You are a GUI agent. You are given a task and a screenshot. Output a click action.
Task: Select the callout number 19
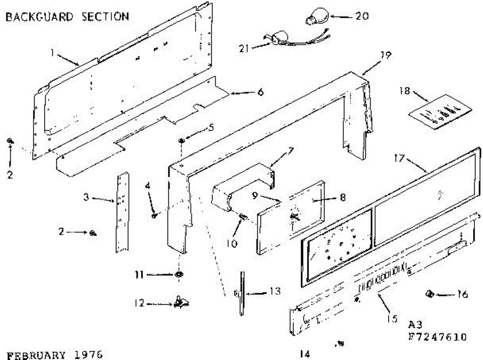coord(386,55)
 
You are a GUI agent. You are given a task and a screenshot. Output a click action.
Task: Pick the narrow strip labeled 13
coord(242,294)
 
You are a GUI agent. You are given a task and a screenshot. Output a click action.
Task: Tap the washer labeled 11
coord(178,275)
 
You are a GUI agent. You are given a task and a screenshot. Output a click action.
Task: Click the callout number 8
coord(343,197)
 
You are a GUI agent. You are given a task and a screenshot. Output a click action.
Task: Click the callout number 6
coord(260,92)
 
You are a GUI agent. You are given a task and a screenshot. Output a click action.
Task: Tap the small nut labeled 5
coord(182,140)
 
